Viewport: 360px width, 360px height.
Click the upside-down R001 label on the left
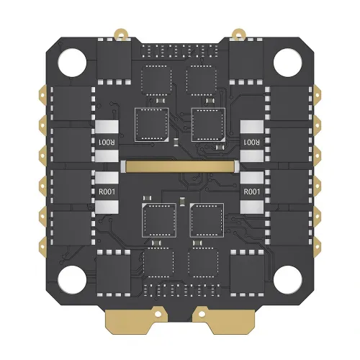pyautogui.click(x=106, y=142)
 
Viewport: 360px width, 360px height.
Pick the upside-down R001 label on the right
pyautogui.click(x=252, y=142)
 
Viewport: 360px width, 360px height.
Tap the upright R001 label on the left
pyautogui.click(x=106, y=192)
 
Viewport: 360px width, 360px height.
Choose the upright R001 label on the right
pyautogui.click(x=252, y=192)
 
